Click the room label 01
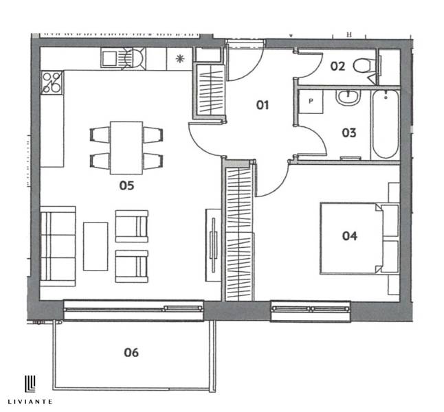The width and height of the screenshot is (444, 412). pos(261,105)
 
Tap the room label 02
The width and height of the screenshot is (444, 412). pos(337,67)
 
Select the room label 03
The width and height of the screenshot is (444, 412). pos(349,133)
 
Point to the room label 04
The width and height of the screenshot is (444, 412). pos(350,236)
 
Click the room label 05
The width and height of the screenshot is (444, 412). pos(126,185)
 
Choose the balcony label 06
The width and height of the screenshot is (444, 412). pos(131,352)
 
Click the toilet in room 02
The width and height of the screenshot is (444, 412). pos(364,67)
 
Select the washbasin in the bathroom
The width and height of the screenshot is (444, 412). pos(348,99)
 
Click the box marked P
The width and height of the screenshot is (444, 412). pos(310,101)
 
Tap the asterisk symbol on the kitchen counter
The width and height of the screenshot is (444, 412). pos(180,59)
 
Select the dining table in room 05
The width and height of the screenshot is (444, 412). pos(126,148)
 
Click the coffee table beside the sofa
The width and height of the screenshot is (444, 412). pos(96,246)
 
